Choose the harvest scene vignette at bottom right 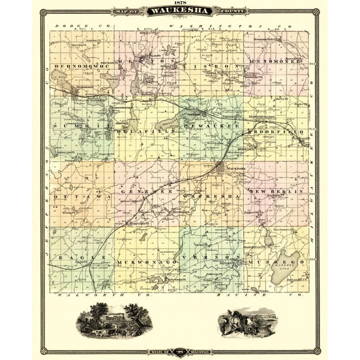(x=248, y=322)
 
